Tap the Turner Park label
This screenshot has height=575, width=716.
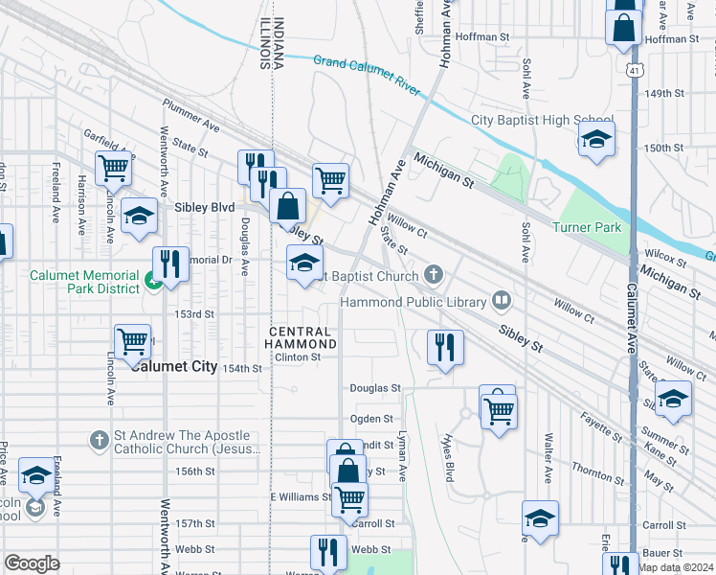coord(587,227)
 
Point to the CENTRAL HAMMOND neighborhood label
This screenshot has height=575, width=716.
coord(300,337)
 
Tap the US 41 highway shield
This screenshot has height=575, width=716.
coord(635,71)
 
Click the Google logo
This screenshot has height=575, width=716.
coord(32,563)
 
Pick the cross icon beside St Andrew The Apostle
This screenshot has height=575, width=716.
coord(98,440)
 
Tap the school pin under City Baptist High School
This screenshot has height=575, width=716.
coord(596,140)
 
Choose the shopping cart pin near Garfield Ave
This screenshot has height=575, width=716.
coord(114,168)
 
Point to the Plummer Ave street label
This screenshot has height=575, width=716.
coord(190,126)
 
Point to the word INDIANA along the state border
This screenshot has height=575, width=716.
coord(279,44)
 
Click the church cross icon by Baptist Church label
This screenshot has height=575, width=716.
coord(434,276)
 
